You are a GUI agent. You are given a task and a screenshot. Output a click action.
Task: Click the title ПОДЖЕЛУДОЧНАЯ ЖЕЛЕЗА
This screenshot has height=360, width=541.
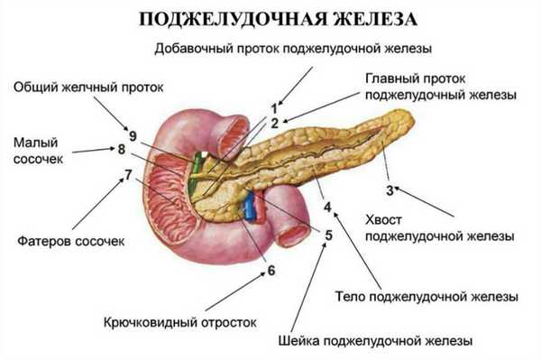pos(270,18)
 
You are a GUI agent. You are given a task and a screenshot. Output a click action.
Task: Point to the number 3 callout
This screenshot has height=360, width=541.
pos(390,189)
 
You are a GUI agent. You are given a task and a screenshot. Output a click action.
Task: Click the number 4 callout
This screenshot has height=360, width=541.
pos(327,207)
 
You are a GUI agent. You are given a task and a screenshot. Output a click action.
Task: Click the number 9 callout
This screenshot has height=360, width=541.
pos(133,136)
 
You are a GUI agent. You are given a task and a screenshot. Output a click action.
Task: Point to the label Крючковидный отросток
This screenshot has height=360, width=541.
pos(180,320)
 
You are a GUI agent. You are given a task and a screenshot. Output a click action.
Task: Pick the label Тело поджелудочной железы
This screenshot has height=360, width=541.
pos(426,295)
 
